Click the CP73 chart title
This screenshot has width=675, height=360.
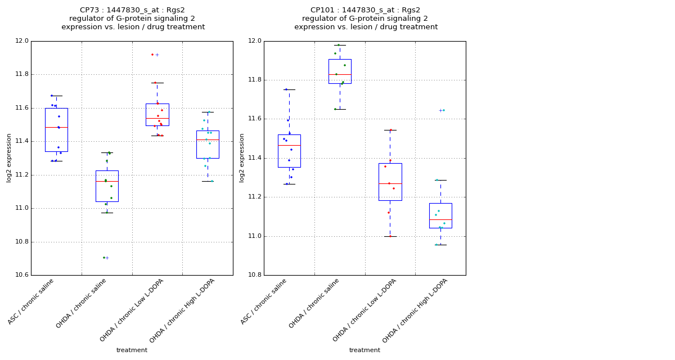pyautogui.click(x=133, y=19)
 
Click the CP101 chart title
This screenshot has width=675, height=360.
pyautogui.click(x=366, y=19)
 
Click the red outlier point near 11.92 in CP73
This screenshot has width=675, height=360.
pyautogui.click(x=152, y=55)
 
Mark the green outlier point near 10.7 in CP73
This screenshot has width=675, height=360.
pyautogui.click(x=104, y=258)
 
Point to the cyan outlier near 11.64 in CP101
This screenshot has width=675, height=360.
pyautogui.click(x=443, y=110)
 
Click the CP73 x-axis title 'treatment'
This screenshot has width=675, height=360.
pyautogui.click(x=132, y=350)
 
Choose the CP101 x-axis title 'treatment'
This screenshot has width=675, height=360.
pyautogui.click(x=364, y=350)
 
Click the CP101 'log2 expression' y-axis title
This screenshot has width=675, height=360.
pyautogui.click(x=242, y=157)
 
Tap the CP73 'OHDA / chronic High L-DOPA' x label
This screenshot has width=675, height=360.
pyautogui.click(x=183, y=310)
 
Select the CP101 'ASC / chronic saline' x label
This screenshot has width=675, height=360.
pyautogui.click(x=264, y=302)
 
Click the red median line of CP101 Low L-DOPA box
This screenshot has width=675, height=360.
pyautogui.click(x=390, y=183)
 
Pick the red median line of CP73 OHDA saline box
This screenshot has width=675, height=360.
pyautogui.click(x=107, y=181)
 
